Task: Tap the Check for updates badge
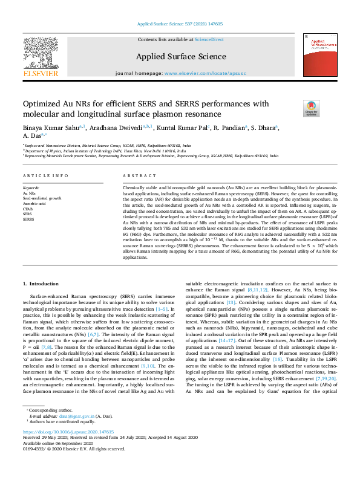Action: tap(327, 108)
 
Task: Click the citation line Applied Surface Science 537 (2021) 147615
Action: tap(180, 24)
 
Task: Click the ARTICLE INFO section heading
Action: tap(45, 176)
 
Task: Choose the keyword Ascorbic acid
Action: tap(35, 204)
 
